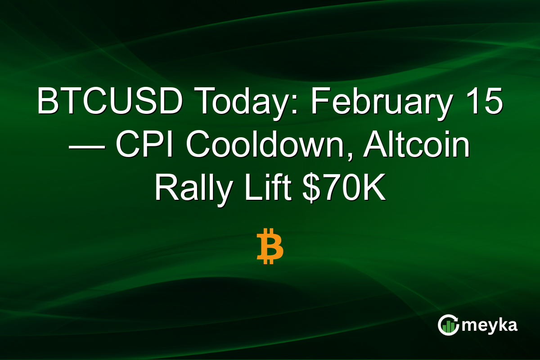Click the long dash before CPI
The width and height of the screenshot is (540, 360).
coord(87,148)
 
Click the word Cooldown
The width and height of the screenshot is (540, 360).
coord(265,144)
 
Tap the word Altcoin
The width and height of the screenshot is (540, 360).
coord(417,144)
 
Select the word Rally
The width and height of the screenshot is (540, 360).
coord(193,190)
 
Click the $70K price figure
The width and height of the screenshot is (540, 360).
coord(344,187)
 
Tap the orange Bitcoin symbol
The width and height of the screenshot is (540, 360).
coord(270,246)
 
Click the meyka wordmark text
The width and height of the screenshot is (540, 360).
coord(490,325)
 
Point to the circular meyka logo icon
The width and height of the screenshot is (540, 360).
coord(448,325)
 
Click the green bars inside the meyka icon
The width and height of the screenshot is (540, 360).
coord(448,327)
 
